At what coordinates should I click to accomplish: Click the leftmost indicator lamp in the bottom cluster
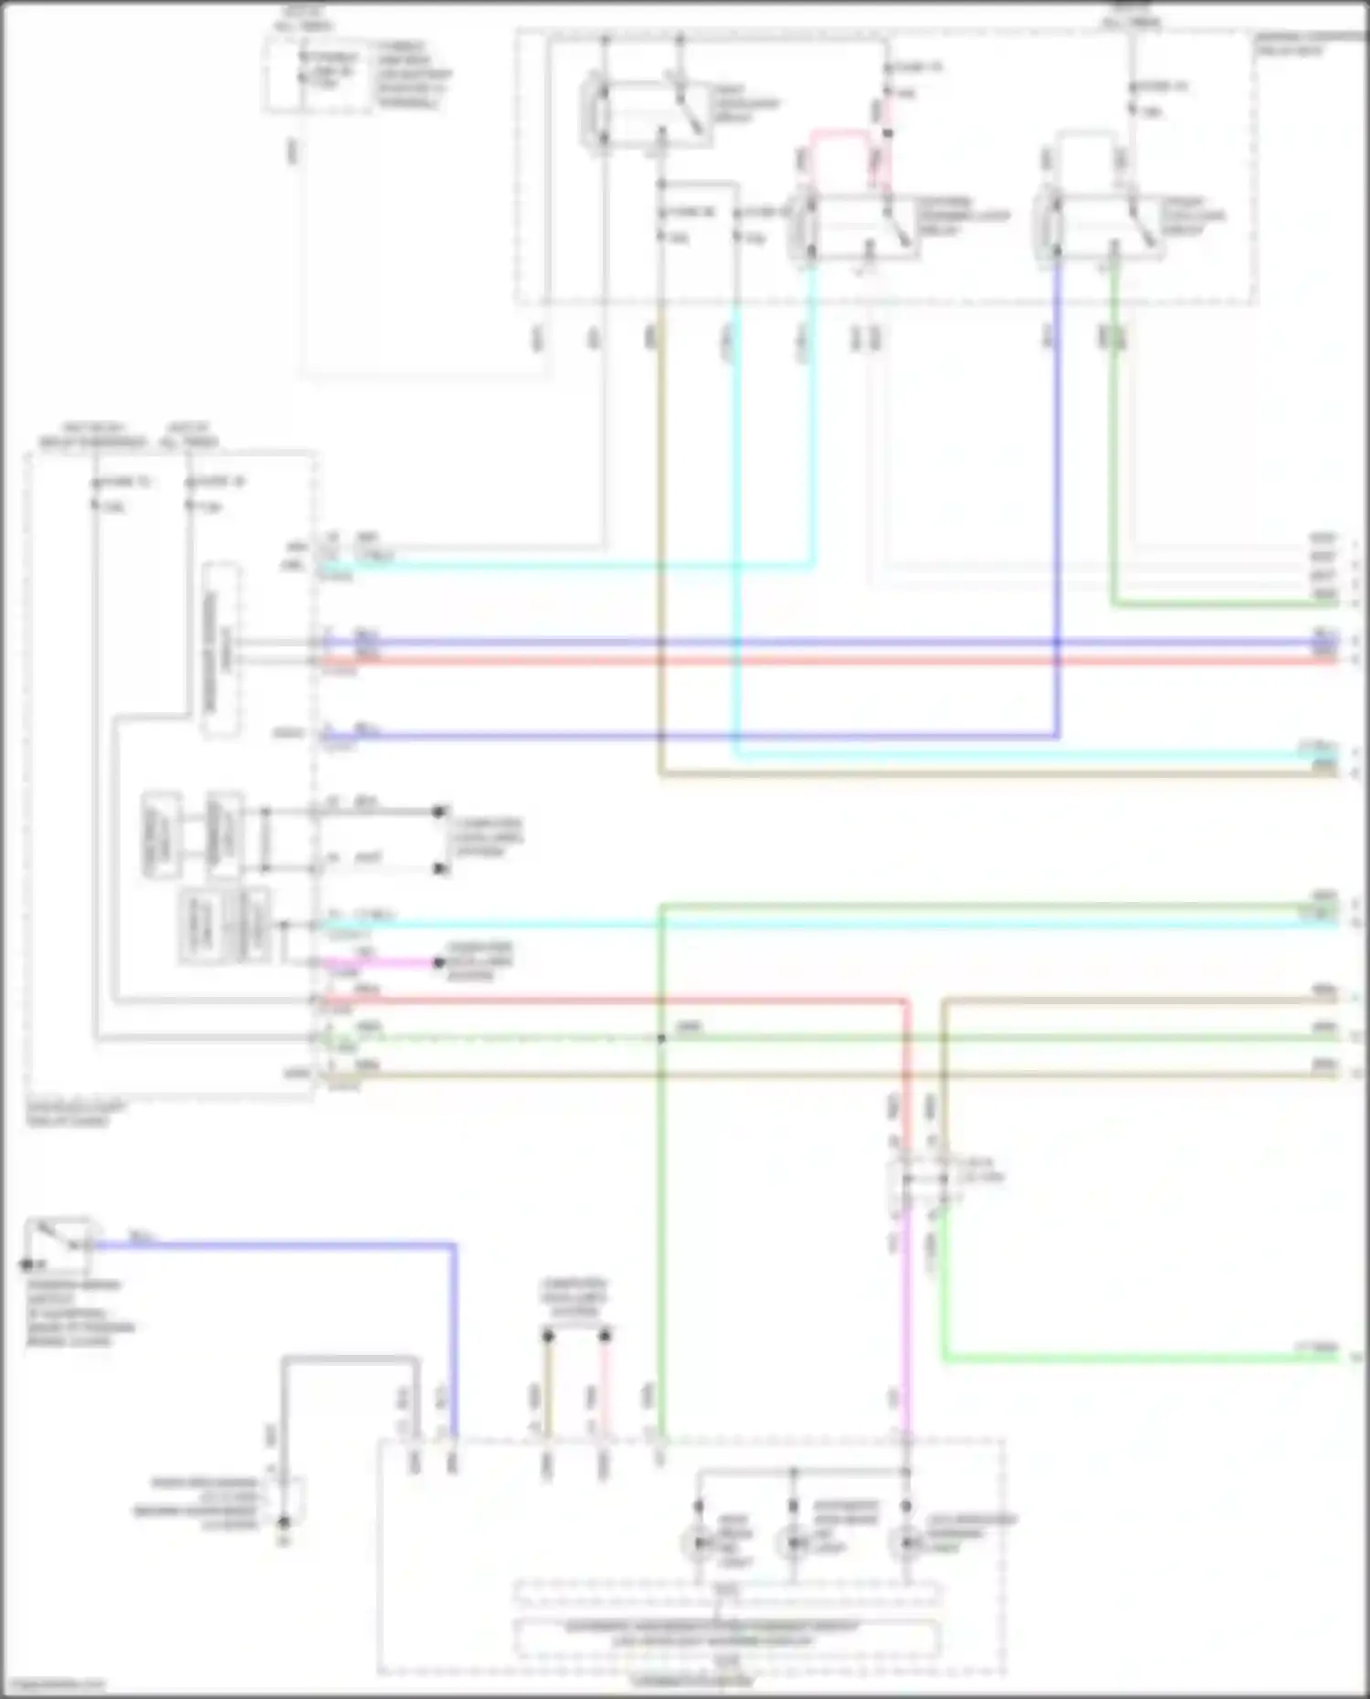(699, 1543)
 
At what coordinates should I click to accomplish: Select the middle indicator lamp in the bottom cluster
(793, 1543)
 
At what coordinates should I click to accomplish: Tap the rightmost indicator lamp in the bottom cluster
(905, 1543)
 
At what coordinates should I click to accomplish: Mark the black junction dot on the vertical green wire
(661, 1038)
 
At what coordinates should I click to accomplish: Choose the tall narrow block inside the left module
(222, 650)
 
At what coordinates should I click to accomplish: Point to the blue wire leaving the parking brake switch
(274, 1243)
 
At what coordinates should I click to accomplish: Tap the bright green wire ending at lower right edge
(1142, 1358)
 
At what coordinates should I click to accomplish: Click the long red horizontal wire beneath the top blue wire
(822, 659)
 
